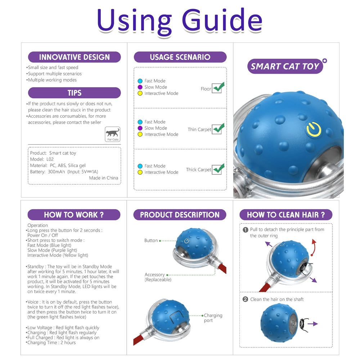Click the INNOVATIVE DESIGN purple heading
74,57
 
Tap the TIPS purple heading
74,93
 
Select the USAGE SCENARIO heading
180,57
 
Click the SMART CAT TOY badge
285,67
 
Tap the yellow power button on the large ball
314,130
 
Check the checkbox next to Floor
217,89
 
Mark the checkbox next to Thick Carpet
217,170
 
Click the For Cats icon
113,134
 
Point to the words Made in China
103,178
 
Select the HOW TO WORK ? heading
74,215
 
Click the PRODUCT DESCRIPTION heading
180,215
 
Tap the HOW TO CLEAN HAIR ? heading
286,215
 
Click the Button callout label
151,240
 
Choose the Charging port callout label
213,318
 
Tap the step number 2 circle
246,299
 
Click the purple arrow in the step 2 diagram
313,324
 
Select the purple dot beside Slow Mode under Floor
140,87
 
